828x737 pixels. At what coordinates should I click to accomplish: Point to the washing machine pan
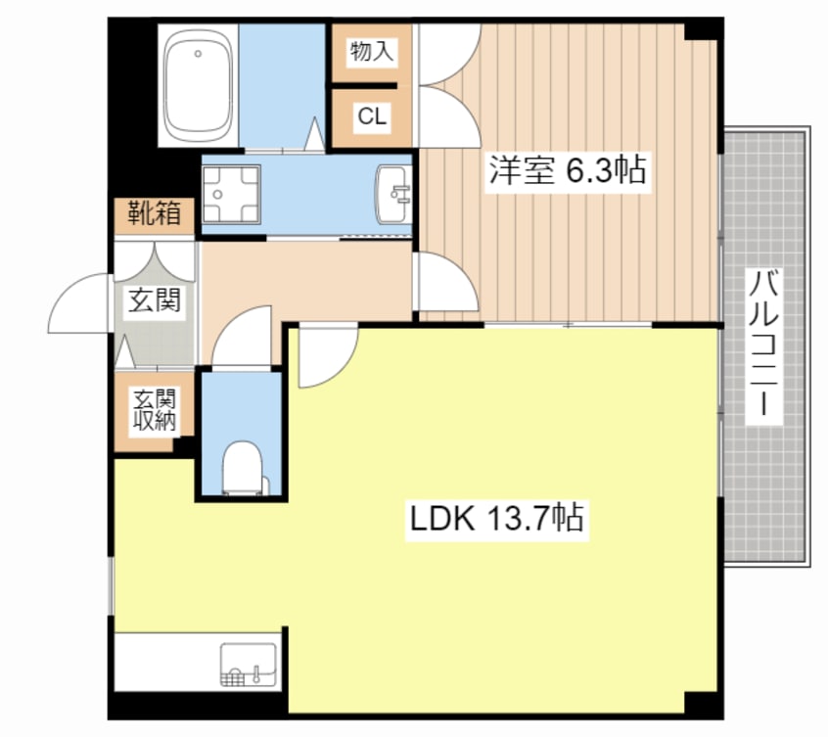click(x=232, y=195)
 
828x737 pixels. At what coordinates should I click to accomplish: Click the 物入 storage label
click(x=372, y=52)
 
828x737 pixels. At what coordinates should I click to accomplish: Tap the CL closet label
click(x=372, y=117)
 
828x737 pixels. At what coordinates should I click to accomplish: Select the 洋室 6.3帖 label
click(x=567, y=170)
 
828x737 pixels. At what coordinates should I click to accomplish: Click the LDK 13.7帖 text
click(x=496, y=517)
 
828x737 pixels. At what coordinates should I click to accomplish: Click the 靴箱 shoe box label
click(x=155, y=212)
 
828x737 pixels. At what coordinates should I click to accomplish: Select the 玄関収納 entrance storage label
click(x=155, y=412)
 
